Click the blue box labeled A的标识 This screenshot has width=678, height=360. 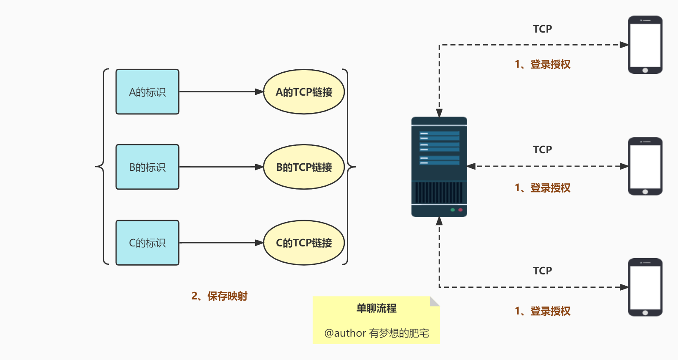point(147,92)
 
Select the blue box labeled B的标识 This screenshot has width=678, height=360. point(147,167)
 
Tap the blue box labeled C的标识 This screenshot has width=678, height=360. point(147,243)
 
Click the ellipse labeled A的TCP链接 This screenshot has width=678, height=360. point(304,92)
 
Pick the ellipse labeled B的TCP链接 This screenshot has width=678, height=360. point(304,167)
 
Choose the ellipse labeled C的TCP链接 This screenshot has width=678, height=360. point(304,243)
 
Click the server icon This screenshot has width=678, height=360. point(439,167)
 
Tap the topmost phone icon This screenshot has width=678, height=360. point(645,45)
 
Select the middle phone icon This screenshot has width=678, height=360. point(645,166)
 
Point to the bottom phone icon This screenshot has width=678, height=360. point(645,287)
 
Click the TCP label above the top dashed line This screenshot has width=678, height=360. point(542,29)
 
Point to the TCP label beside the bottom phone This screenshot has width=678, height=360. point(542,271)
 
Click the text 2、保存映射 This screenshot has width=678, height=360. point(220,296)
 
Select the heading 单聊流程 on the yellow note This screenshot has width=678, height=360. point(376,308)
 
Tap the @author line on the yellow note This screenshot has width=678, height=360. point(377,333)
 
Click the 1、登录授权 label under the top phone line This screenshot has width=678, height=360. point(542,64)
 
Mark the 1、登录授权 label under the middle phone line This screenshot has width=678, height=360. point(542,188)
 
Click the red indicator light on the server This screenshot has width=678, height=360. point(460,210)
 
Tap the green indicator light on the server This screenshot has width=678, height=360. point(453,210)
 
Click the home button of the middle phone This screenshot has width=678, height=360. point(645,192)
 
